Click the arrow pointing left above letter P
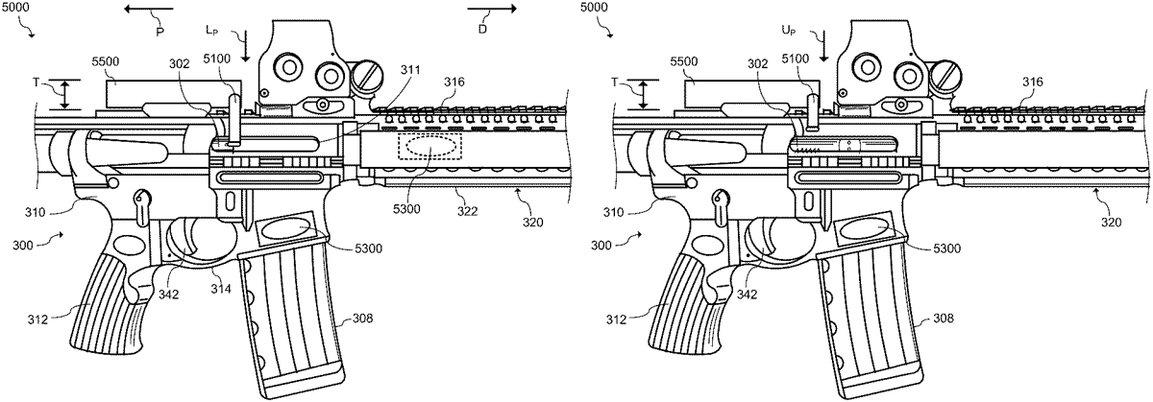(148, 9)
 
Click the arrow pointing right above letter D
(492, 9)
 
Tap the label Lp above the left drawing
(211, 31)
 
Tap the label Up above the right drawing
(788, 31)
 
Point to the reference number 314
(222, 289)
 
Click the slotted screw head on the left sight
(367, 76)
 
